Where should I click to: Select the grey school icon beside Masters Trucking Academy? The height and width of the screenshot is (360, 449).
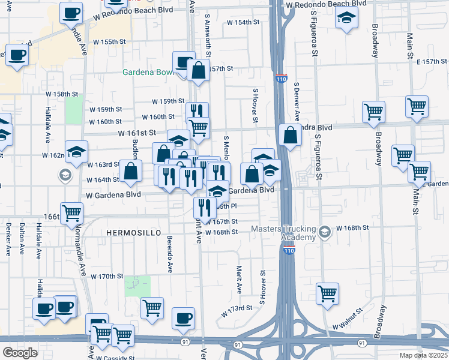(x=325, y=232)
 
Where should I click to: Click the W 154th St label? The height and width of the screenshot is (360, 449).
(x=243, y=22)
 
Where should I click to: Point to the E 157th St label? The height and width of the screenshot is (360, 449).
(x=432, y=62)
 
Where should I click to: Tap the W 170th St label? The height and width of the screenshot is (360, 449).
(x=107, y=277)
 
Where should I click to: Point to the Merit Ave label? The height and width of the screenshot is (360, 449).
(x=239, y=280)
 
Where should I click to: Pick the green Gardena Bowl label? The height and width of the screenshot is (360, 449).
(x=148, y=73)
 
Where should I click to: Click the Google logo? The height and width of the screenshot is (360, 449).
(x=20, y=353)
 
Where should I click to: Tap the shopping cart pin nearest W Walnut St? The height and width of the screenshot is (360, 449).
(x=327, y=293)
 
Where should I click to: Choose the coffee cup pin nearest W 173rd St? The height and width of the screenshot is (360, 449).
(x=184, y=317)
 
